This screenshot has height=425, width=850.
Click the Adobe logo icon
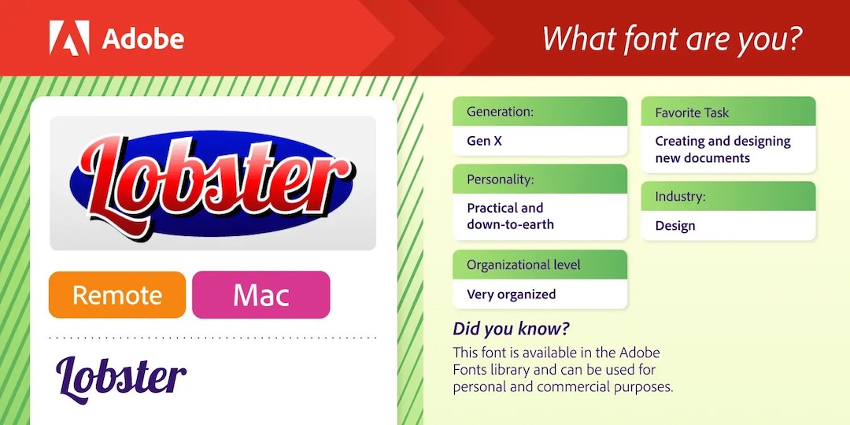[x=69, y=38]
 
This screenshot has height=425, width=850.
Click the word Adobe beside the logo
[x=142, y=39]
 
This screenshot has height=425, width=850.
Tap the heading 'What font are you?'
[x=672, y=39]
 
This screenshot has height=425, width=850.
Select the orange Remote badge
[x=117, y=294]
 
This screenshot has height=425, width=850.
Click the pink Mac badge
[x=261, y=294]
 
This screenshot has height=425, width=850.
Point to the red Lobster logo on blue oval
[x=213, y=183]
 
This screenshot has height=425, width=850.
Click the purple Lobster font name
[x=121, y=378]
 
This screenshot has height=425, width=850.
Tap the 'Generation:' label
[x=501, y=113]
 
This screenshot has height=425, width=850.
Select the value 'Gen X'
[x=485, y=141]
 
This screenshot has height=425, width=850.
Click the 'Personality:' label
[x=501, y=180]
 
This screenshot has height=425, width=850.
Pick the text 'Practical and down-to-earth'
[x=510, y=216]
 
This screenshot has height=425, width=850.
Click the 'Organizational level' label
[x=523, y=265]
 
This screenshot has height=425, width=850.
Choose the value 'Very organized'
[x=512, y=295]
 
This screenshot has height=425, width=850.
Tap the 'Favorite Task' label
[x=693, y=113]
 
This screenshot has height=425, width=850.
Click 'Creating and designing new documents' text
[x=723, y=150]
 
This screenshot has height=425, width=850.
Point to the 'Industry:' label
[x=680, y=197]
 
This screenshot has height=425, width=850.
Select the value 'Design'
[x=675, y=226]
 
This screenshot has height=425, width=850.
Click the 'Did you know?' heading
[x=512, y=329]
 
